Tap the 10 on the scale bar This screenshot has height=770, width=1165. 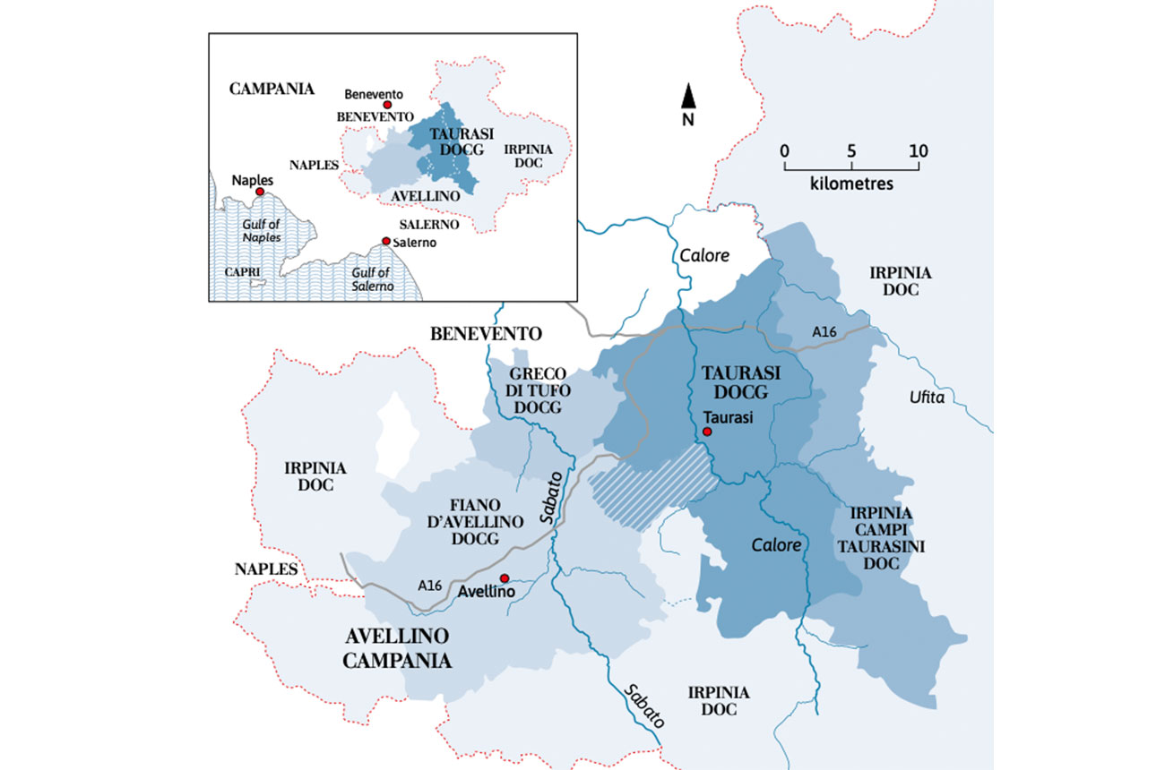(x=918, y=150)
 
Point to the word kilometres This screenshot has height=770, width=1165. (x=851, y=184)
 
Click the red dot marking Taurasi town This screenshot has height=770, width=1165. (x=707, y=432)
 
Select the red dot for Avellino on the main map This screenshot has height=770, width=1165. (x=505, y=577)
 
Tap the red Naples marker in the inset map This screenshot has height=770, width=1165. (x=260, y=192)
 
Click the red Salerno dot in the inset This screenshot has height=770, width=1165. (x=385, y=241)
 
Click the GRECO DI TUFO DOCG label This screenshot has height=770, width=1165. (x=537, y=390)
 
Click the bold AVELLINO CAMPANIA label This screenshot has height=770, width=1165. (x=396, y=649)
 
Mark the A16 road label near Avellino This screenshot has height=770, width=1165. (x=429, y=585)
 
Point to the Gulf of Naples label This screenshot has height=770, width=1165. (x=261, y=231)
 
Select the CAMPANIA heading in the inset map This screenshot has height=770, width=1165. (x=272, y=89)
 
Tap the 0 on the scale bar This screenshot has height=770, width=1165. (x=784, y=150)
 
